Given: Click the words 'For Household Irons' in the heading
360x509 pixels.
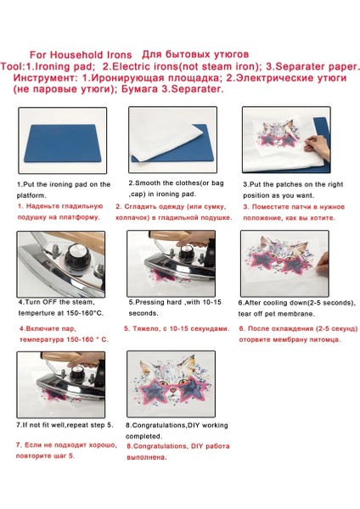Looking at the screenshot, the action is click(81, 54).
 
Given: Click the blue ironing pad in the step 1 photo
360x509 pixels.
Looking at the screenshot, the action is click(62, 143).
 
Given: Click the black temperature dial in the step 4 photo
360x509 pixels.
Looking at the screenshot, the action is click(76, 255).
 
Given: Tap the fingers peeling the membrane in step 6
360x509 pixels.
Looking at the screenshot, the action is click(323, 263).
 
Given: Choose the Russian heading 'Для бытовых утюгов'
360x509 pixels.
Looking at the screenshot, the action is click(195, 54).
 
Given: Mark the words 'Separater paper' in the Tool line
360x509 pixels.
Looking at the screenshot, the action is click(315, 66).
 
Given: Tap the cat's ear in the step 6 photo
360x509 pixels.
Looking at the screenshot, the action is click(267, 242).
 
